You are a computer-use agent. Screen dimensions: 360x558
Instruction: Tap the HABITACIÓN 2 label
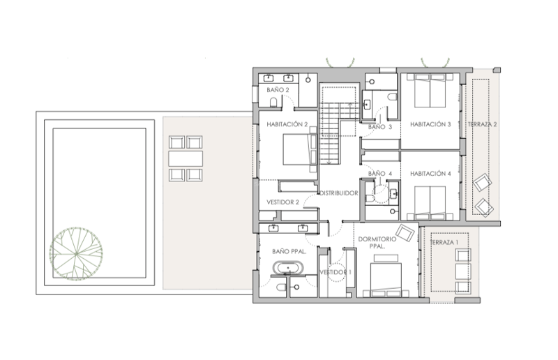point(287,124)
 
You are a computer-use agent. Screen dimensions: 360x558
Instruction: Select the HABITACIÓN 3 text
point(430,125)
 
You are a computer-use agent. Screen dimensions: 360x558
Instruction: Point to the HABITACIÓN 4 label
point(430,173)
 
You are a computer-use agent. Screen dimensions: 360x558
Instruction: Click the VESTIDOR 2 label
point(282,203)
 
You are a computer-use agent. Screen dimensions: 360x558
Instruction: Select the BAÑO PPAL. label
point(283,250)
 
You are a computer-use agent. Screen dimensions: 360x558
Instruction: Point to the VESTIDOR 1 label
point(335,271)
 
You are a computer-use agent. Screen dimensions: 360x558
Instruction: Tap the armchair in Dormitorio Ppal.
point(405,232)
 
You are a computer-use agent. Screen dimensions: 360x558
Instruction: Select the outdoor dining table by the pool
point(185,158)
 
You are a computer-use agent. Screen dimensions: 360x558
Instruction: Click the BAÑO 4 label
point(376,173)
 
